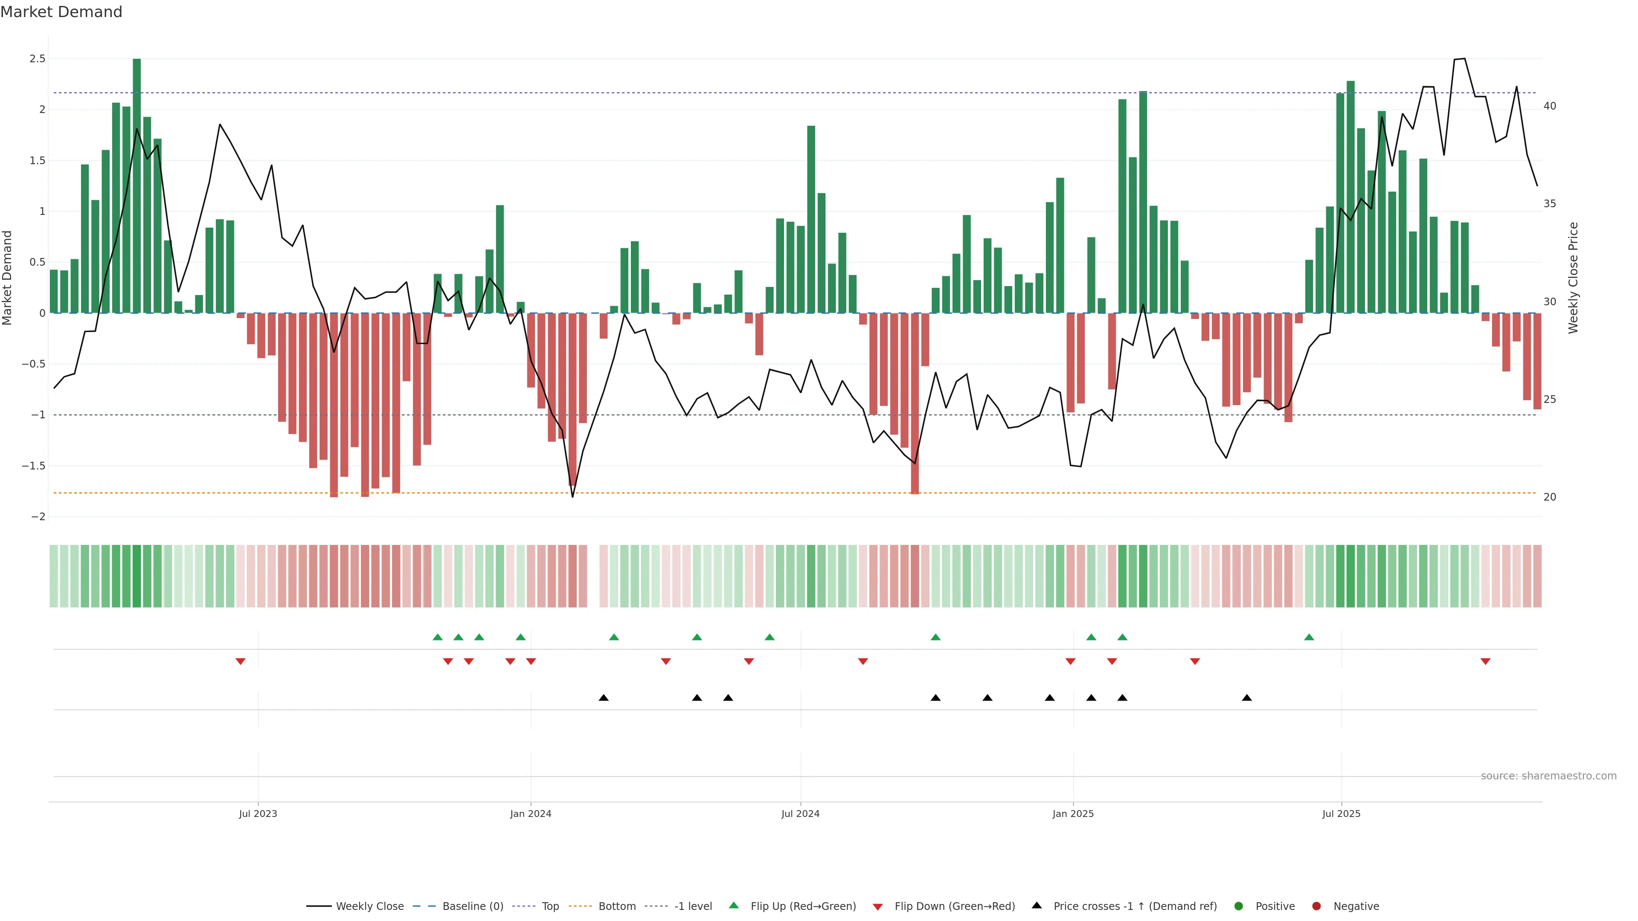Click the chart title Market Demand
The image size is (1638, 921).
coord(61,12)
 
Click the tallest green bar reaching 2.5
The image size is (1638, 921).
coord(136,184)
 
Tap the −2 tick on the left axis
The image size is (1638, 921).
coord(38,517)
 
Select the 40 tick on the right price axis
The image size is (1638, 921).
coord(1550,106)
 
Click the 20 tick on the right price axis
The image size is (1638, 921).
coord(1550,497)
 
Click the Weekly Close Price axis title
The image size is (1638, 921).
coord(1573,278)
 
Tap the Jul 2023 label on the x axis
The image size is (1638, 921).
coord(258,814)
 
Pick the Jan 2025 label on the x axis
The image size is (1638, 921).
coord(1073,814)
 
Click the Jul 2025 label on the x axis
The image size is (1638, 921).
coord(1341,814)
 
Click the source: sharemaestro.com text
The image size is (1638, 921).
coord(1548,776)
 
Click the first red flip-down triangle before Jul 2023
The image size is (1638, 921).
coord(240,662)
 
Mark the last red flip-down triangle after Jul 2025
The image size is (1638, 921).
coord(1485,662)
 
